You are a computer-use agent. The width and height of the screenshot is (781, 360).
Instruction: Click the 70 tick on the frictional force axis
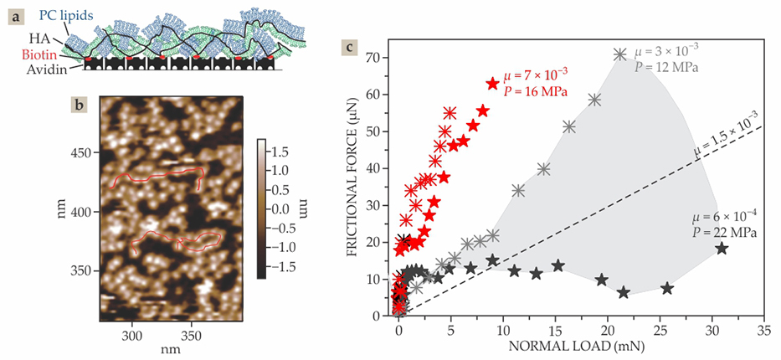tap(384, 58)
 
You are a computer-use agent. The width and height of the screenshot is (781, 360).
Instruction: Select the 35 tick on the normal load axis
tap(763, 330)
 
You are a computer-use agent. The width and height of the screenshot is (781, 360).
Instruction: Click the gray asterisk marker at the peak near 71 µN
tap(619, 54)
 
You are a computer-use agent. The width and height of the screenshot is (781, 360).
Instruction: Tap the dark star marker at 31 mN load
tap(722, 248)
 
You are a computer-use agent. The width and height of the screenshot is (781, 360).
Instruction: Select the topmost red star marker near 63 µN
tap(492, 84)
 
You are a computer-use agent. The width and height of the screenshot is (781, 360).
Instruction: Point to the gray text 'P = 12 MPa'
tap(667, 67)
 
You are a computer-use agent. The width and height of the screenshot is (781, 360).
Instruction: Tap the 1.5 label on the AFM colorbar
tap(283, 152)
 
